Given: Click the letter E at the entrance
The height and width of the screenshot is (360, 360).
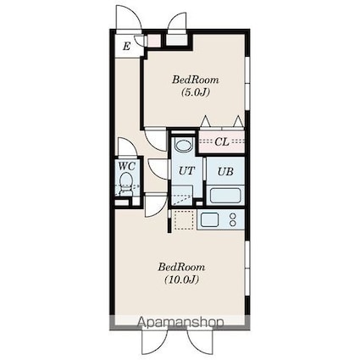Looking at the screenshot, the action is tap(126, 46).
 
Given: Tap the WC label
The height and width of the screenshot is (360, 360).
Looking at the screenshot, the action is tap(127, 166).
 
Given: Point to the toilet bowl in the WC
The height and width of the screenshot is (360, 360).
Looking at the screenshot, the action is tap(125, 182).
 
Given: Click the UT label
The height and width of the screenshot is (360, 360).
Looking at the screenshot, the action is tap(186, 170).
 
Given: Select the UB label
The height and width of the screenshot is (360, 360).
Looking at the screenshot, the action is tap(225, 171).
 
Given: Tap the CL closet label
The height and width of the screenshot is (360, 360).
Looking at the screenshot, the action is tap(222, 141).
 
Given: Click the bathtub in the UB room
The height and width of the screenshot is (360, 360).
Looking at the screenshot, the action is tap(225, 195).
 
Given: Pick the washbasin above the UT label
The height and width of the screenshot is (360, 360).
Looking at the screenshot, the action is tap(184, 145).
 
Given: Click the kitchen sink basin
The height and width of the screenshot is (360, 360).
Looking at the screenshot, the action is tap(209, 219).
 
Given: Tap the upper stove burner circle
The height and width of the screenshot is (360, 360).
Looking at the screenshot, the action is tap(233, 216).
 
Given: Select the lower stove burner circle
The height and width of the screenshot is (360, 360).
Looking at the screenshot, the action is tap(233, 224).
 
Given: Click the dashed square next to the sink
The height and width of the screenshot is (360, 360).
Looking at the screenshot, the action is tap(184, 219).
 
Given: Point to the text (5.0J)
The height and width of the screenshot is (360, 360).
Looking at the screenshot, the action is tap(196, 92).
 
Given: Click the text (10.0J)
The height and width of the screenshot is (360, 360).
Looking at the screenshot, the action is tap(182, 280).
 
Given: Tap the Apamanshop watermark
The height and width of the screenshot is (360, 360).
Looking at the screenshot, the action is tap(180, 322).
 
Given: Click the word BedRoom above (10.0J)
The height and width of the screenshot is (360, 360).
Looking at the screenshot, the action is tap(181, 267).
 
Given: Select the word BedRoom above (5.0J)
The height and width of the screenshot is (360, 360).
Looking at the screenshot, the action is tap(196, 80).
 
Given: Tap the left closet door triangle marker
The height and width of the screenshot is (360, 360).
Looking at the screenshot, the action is tap(205, 121).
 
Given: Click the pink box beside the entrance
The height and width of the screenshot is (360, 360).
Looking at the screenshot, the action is tap(154, 41).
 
